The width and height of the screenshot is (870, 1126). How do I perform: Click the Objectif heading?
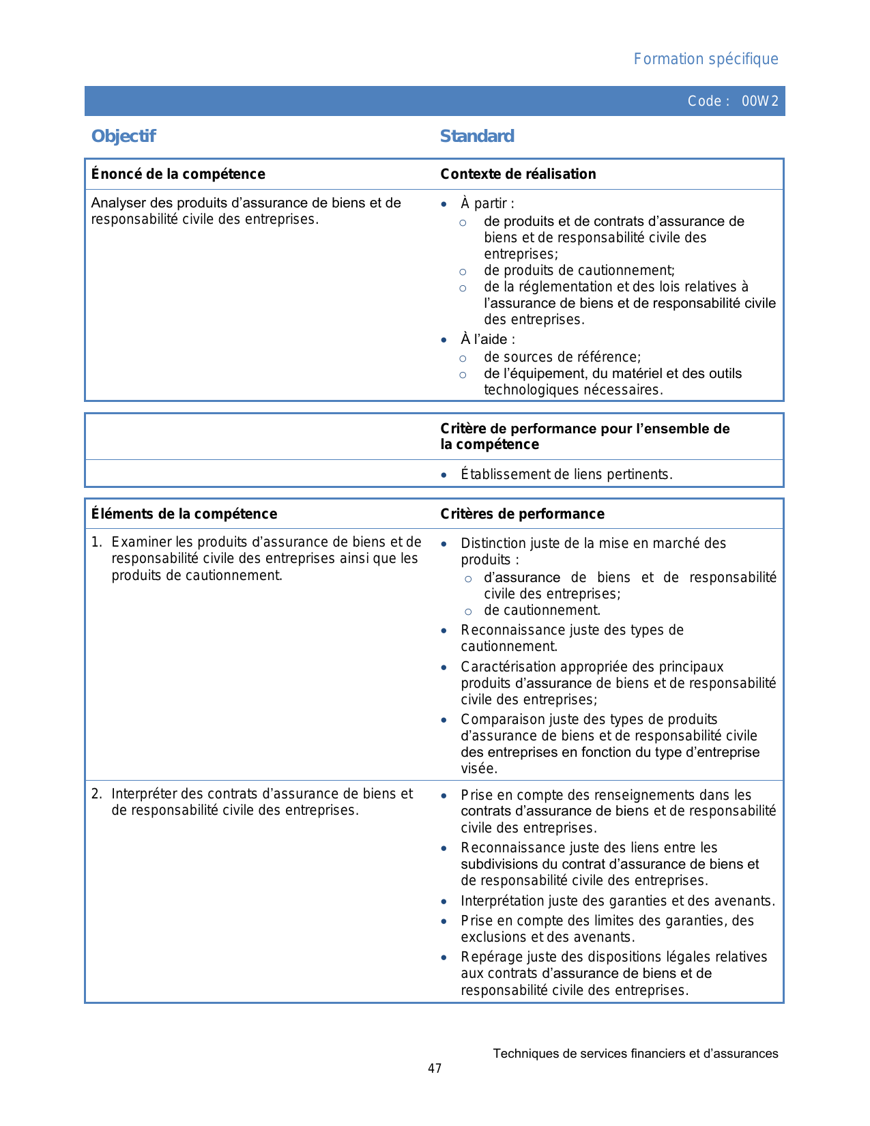[124, 136]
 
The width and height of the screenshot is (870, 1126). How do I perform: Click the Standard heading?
[477, 136]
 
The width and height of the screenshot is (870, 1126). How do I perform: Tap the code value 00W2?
[759, 102]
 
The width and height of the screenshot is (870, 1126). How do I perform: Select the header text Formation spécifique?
[706, 59]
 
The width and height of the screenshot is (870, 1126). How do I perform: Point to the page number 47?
[435, 1069]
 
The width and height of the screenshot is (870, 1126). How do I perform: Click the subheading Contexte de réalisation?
[518, 174]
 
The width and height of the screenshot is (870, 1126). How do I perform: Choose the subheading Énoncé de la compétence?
[178, 174]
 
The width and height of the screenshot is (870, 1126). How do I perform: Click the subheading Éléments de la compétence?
[184, 514]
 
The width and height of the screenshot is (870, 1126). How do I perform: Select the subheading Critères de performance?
[522, 514]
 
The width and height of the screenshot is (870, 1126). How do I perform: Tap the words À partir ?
[487, 203]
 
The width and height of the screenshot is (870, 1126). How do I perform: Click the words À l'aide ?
[487, 339]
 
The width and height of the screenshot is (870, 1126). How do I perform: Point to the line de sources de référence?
[562, 357]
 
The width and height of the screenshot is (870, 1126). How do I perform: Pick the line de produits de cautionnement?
[579, 270]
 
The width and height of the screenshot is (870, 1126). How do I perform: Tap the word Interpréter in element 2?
[144, 794]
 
